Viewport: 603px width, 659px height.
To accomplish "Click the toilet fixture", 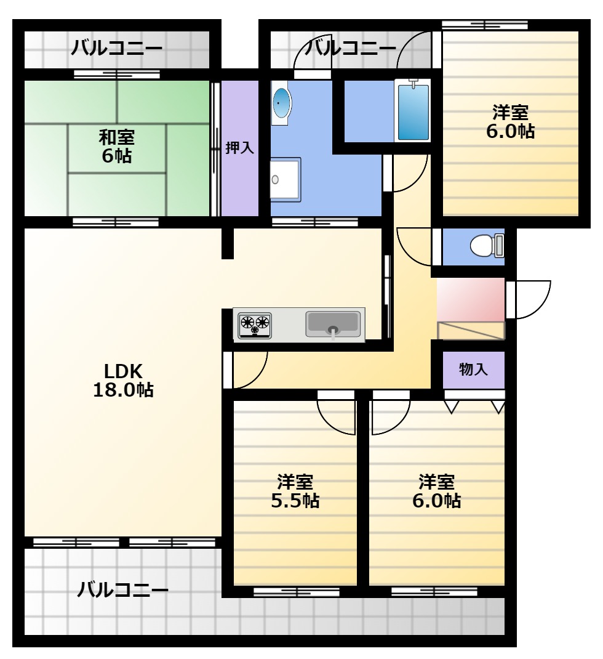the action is (x=487, y=246).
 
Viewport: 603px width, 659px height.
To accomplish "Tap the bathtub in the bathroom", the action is (x=413, y=111).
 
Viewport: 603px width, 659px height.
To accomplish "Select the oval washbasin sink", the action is (x=281, y=103).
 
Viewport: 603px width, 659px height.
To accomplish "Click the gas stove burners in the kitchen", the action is (x=255, y=325).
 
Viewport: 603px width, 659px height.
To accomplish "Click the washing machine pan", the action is (x=285, y=179).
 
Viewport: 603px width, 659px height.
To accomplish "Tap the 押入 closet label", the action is (x=239, y=148).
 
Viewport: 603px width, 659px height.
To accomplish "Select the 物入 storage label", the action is (x=473, y=370).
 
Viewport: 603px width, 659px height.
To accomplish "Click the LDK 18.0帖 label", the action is (x=123, y=381).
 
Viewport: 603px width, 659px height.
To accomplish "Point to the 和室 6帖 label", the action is (x=117, y=147).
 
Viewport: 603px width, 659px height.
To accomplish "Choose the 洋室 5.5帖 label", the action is (x=295, y=491).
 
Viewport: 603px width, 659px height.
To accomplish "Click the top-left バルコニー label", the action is (x=116, y=48).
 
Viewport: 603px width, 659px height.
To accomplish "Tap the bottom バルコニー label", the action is (x=122, y=590).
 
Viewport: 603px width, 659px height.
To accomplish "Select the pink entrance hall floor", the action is (x=470, y=299).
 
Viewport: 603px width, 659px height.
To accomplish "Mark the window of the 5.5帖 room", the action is (x=297, y=592).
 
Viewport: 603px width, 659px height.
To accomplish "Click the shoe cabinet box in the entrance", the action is (x=471, y=330).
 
